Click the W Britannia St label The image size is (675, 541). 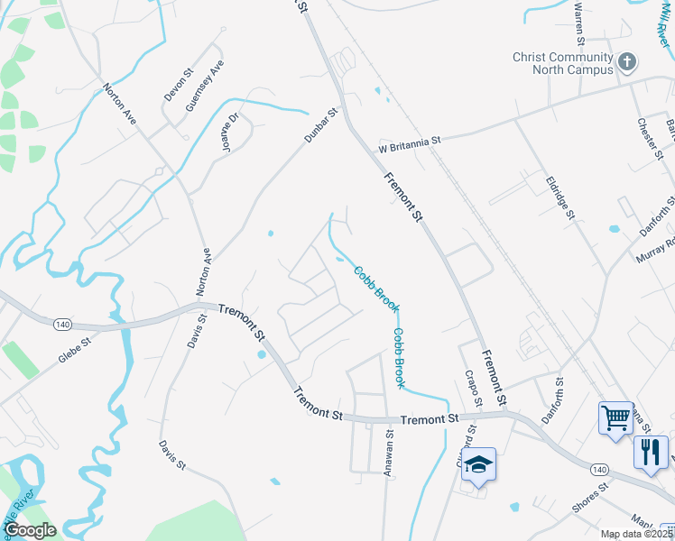[x=410, y=142]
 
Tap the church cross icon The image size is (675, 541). [x=627, y=63]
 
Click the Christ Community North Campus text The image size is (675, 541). [x=561, y=63]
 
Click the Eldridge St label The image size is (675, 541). [x=560, y=197]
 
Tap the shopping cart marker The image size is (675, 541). [x=616, y=417]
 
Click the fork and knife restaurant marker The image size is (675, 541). [x=651, y=450]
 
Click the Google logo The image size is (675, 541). [x=30, y=530]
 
